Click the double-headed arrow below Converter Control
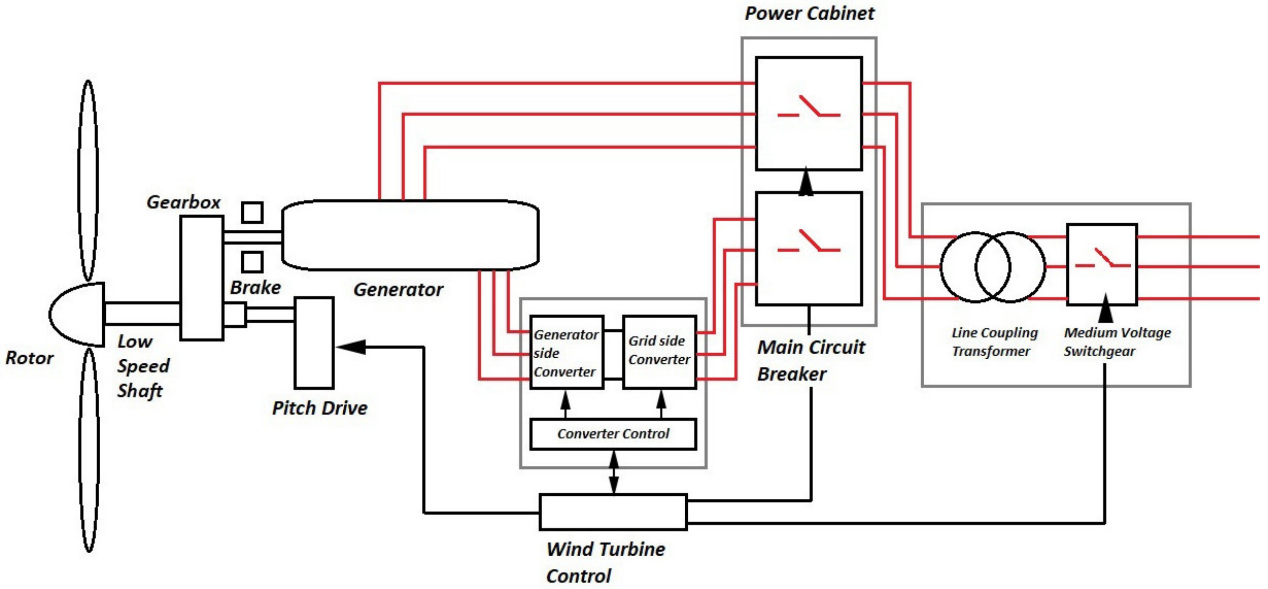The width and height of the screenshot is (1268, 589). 614,472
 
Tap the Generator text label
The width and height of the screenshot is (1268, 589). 398,289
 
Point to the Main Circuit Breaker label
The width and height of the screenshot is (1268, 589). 811,360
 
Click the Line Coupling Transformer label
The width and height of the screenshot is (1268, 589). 994,342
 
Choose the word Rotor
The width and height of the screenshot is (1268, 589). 29,358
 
